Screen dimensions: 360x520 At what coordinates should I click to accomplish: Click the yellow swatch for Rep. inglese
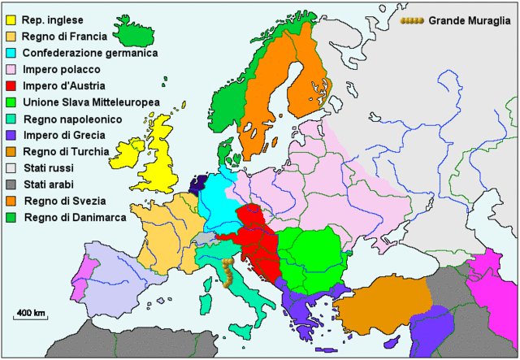(11, 20)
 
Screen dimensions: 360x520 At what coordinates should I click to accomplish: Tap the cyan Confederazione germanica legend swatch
(11, 53)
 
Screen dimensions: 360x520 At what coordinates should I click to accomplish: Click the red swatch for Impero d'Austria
(11, 85)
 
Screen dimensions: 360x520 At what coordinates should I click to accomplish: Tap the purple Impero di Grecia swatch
(11, 135)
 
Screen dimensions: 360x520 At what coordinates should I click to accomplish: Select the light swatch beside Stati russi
(11, 168)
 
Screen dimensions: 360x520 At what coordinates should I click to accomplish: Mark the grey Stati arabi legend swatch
(11, 184)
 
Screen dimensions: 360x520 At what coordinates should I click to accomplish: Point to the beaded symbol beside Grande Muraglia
(412, 20)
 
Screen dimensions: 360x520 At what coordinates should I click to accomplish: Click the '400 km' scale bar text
(31, 312)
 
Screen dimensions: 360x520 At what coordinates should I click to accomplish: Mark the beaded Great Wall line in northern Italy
(228, 273)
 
